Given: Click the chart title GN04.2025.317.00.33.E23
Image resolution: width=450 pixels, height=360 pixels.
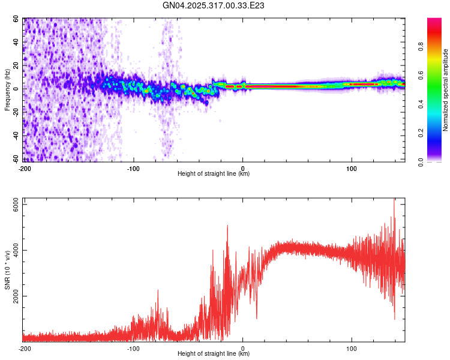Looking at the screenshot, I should click(214, 5).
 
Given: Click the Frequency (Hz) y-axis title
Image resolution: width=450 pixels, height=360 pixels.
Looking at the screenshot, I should click(7, 89).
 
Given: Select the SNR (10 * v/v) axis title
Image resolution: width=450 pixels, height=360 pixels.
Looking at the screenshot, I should click(7, 270).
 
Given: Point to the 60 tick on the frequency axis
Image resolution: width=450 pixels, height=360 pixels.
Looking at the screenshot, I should click(16, 19).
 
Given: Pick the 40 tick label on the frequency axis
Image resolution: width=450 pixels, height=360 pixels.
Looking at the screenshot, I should click(16, 43).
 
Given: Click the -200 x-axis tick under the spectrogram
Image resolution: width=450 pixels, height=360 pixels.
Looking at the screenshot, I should click(25, 167).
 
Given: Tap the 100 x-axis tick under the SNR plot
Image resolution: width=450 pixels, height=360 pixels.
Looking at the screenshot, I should click(352, 348).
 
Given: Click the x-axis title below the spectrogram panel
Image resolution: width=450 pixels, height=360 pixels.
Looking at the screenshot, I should click(214, 174).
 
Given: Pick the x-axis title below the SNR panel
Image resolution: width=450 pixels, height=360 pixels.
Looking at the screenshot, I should click(214, 354).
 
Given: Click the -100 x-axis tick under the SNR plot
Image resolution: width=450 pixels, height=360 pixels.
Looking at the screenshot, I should click(133, 348).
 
